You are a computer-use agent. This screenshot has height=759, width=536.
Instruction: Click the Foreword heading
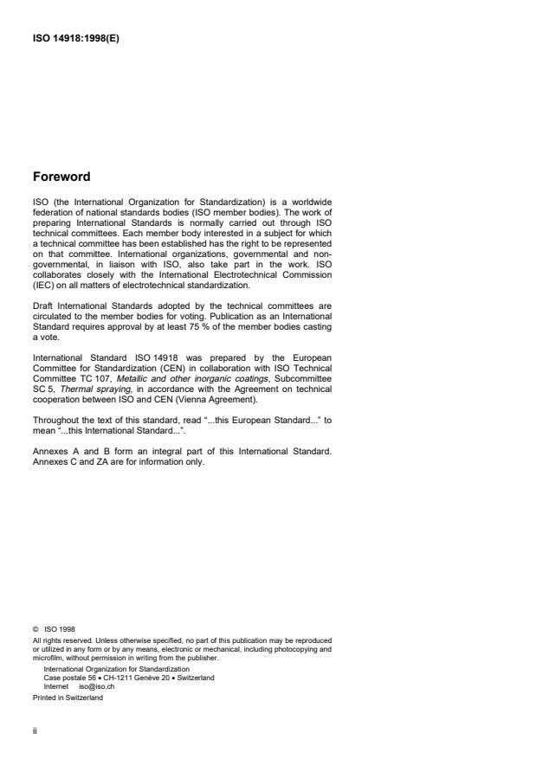[x=61, y=177]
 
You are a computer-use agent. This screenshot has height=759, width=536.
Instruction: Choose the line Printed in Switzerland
[x=67, y=698]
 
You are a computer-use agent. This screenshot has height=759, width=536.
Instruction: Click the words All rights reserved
[x=58, y=641]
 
